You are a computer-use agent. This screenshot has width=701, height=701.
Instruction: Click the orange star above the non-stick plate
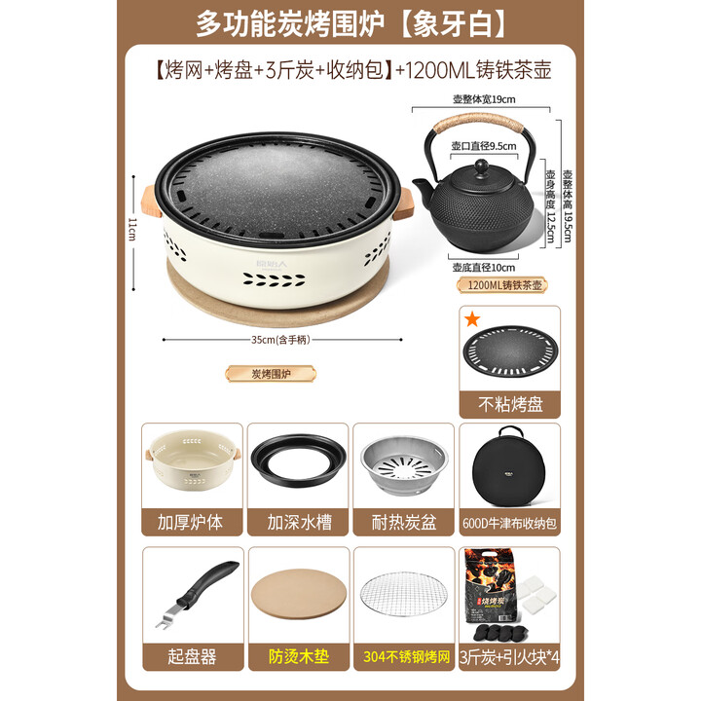pyautogui.click(x=471, y=318)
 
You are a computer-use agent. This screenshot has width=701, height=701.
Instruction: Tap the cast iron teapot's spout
pyautogui.click(x=422, y=185)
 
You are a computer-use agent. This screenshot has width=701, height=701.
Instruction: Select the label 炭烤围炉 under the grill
pyautogui.click(x=258, y=373)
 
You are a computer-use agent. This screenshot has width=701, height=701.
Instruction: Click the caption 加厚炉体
pyautogui.click(x=191, y=521)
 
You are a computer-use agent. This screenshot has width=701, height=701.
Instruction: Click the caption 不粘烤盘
pyautogui.click(x=509, y=404)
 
